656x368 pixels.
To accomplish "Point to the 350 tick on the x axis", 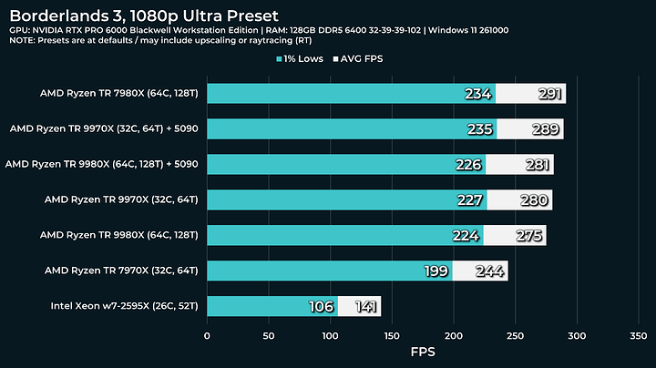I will (x=638, y=335).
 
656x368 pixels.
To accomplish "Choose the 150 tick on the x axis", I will (x=392, y=335).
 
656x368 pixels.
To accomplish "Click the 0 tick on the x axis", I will (x=207, y=335).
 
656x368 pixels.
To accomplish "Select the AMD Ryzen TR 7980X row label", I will (x=119, y=93).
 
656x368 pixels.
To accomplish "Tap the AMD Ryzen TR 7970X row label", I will (x=119, y=271).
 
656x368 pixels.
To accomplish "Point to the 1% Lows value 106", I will (x=321, y=306).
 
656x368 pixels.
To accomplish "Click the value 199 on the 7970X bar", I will (x=436, y=271).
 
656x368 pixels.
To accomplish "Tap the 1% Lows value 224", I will (x=466, y=235).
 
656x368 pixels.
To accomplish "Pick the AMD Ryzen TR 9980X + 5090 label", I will (x=102, y=164).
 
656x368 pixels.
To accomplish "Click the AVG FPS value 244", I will (x=487, y=271).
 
